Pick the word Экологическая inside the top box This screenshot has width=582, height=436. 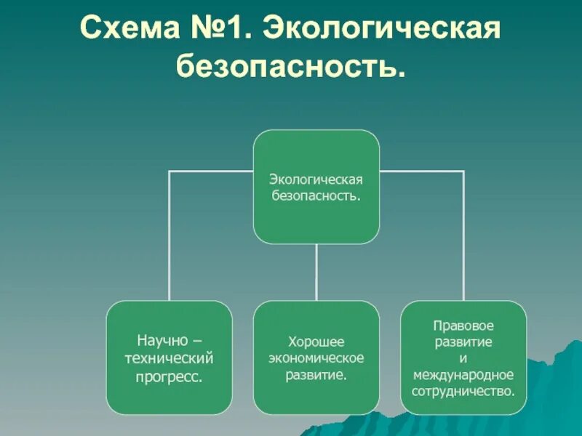click(316, 179)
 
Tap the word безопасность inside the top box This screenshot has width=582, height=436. click(316, 196)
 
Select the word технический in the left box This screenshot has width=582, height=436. click(169, 358)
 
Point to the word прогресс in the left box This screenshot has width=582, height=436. click(169, 377)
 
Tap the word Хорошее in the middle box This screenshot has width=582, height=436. click(316, 341)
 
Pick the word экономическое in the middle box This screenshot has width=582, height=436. click(316, 358)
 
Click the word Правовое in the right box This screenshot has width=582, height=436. click(463, 325)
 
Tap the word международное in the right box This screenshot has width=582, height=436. click(463, 375)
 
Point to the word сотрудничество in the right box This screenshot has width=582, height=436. click(463, 392)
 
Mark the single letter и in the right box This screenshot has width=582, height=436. click(463, 358)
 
